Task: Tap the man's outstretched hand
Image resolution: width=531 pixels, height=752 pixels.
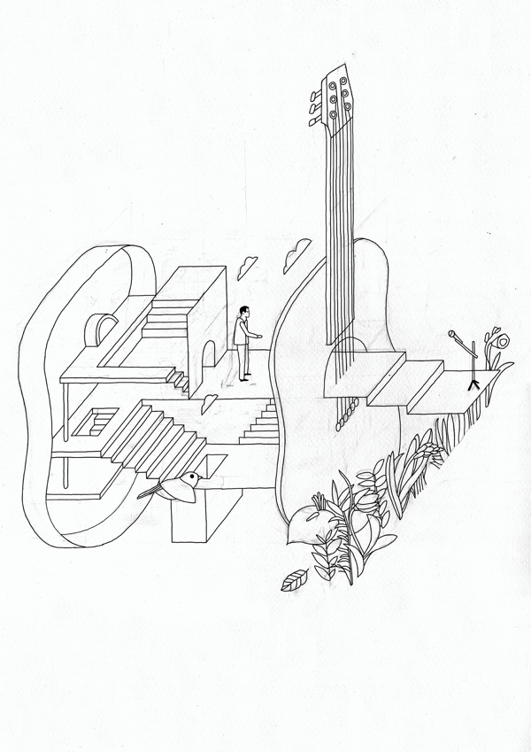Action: tap(260, 336)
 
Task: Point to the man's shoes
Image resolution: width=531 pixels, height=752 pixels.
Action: tap(243, 379)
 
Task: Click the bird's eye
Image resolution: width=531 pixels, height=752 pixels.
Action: tap(189, 478)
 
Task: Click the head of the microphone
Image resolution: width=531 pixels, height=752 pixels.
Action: tap(453, 335)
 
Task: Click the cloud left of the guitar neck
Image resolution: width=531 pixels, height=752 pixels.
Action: tap(293, 258)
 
